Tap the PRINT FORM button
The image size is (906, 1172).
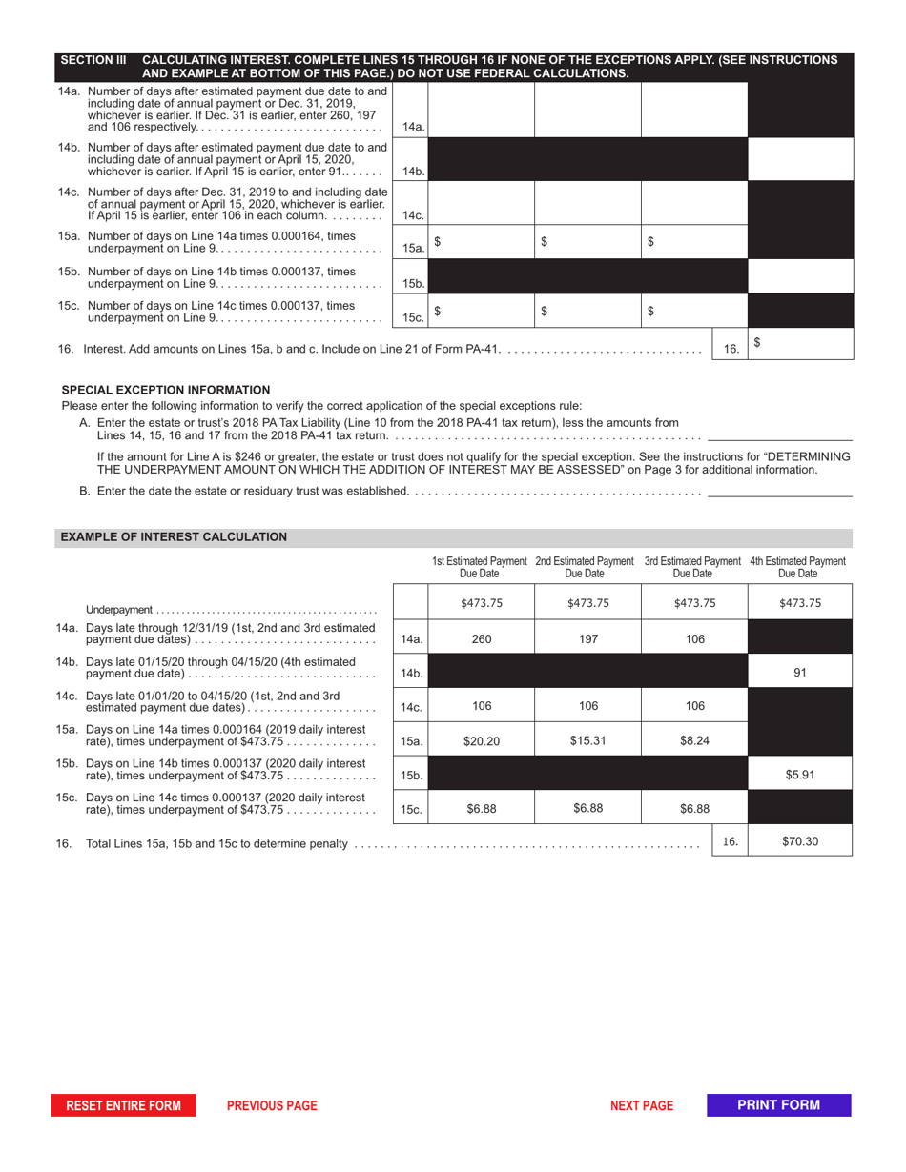click(778, 1105)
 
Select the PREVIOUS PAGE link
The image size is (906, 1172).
click(272, 1105)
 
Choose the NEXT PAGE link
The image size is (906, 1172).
click(642, 1105)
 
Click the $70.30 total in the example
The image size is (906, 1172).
click(800, 841)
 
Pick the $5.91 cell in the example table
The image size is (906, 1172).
click(800, 775)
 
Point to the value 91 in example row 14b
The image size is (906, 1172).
click(800, 673)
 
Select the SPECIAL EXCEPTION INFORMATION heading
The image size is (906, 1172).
click(166, 390)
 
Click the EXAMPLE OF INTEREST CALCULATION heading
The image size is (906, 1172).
click(174, 537)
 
